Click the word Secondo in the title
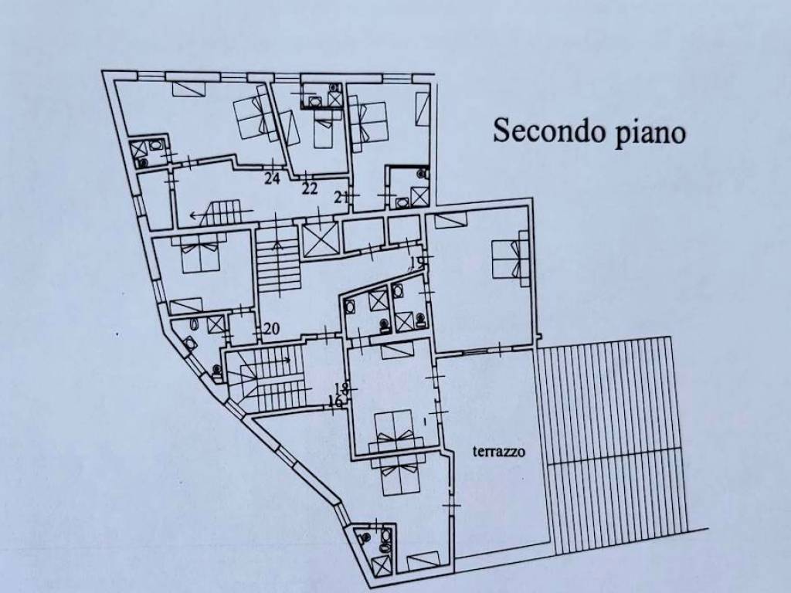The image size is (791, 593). pyautogui.click(x=549, y=130)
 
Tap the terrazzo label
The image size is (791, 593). pyautogui.click(x=498, y=451)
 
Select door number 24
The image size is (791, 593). pyautogui.click(x=272, y=178)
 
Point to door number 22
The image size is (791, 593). pyautogui.click(x=310, y=188)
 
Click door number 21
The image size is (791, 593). pyautogui.click(x=341, y=197)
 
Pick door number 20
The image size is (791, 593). pyautogui.click(x=271, y=329)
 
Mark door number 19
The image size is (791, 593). pyautogui.click(x=416, y=263)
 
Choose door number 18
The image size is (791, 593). pyautogui.click(x=341, y=388)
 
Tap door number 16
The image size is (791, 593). pyautogui.click(x=335, y=402)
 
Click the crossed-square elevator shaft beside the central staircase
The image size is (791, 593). pyautogui.click(x=321, y=239)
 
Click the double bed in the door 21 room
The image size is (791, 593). pyautogui.click(x=368, y=124)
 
